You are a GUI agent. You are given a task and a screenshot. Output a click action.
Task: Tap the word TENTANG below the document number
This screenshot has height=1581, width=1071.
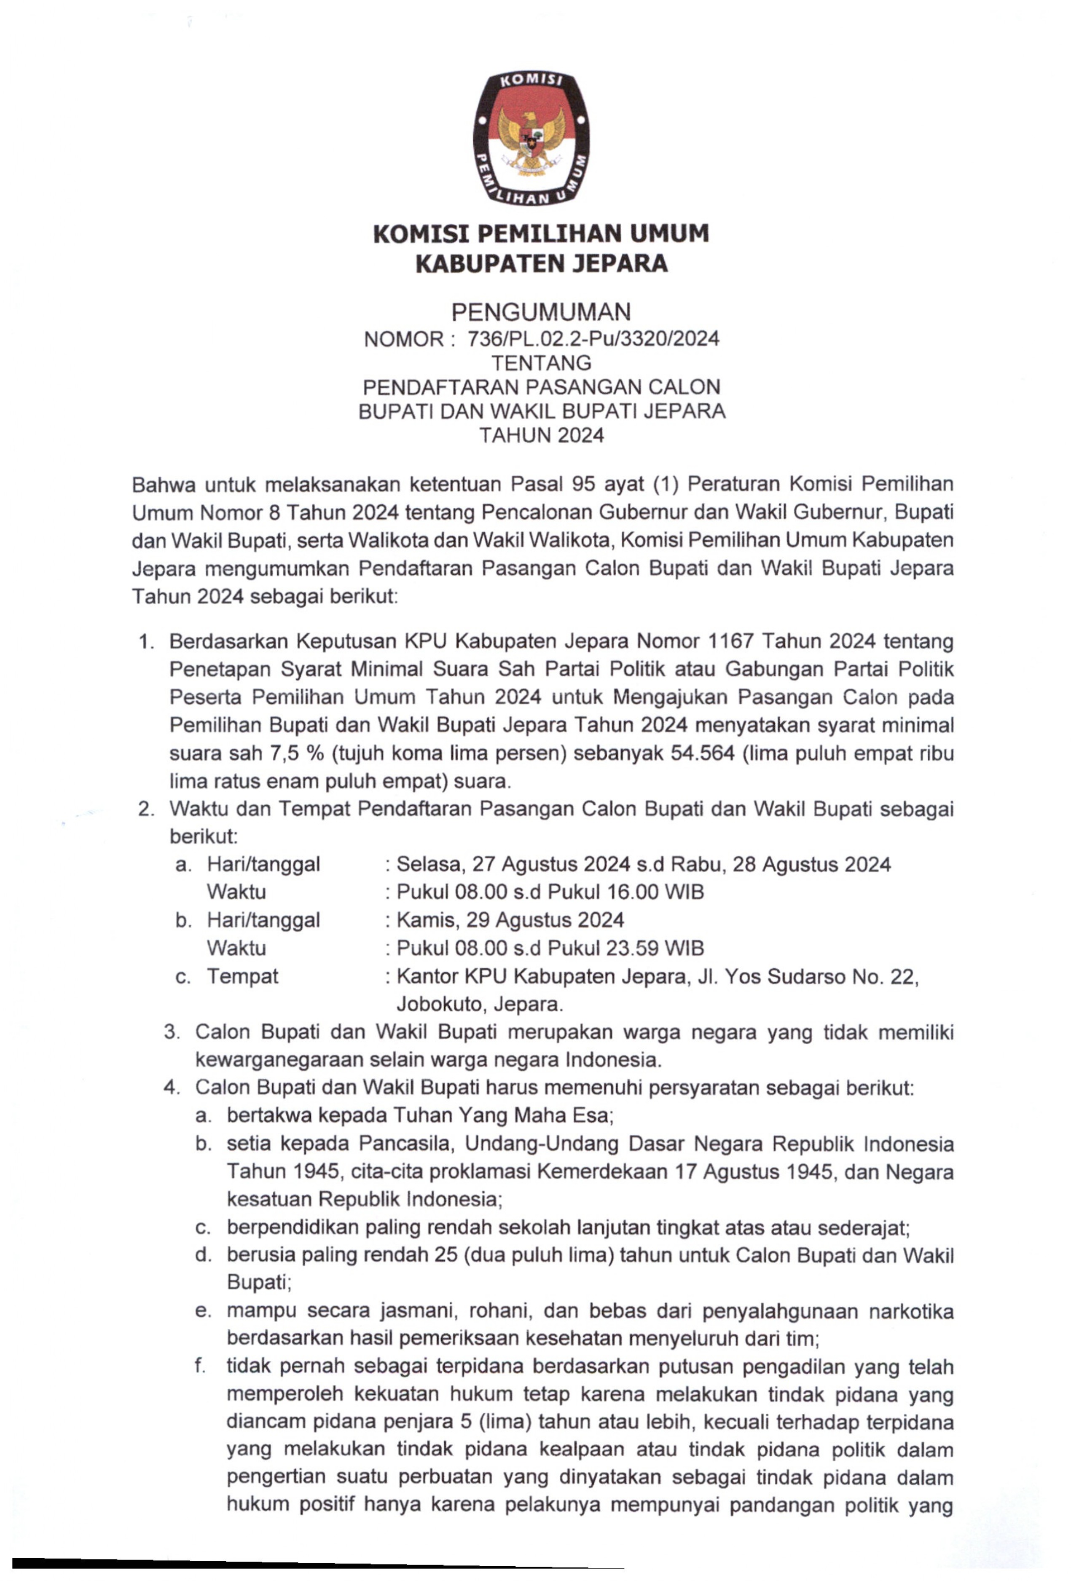point(541,363)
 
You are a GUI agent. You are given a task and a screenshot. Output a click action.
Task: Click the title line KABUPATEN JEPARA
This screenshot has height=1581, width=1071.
point(541,264)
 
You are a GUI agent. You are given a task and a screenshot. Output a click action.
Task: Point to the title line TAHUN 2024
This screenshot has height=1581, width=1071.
point(541,435)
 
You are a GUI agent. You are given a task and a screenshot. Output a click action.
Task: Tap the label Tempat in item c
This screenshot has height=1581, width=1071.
point(243,976)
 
